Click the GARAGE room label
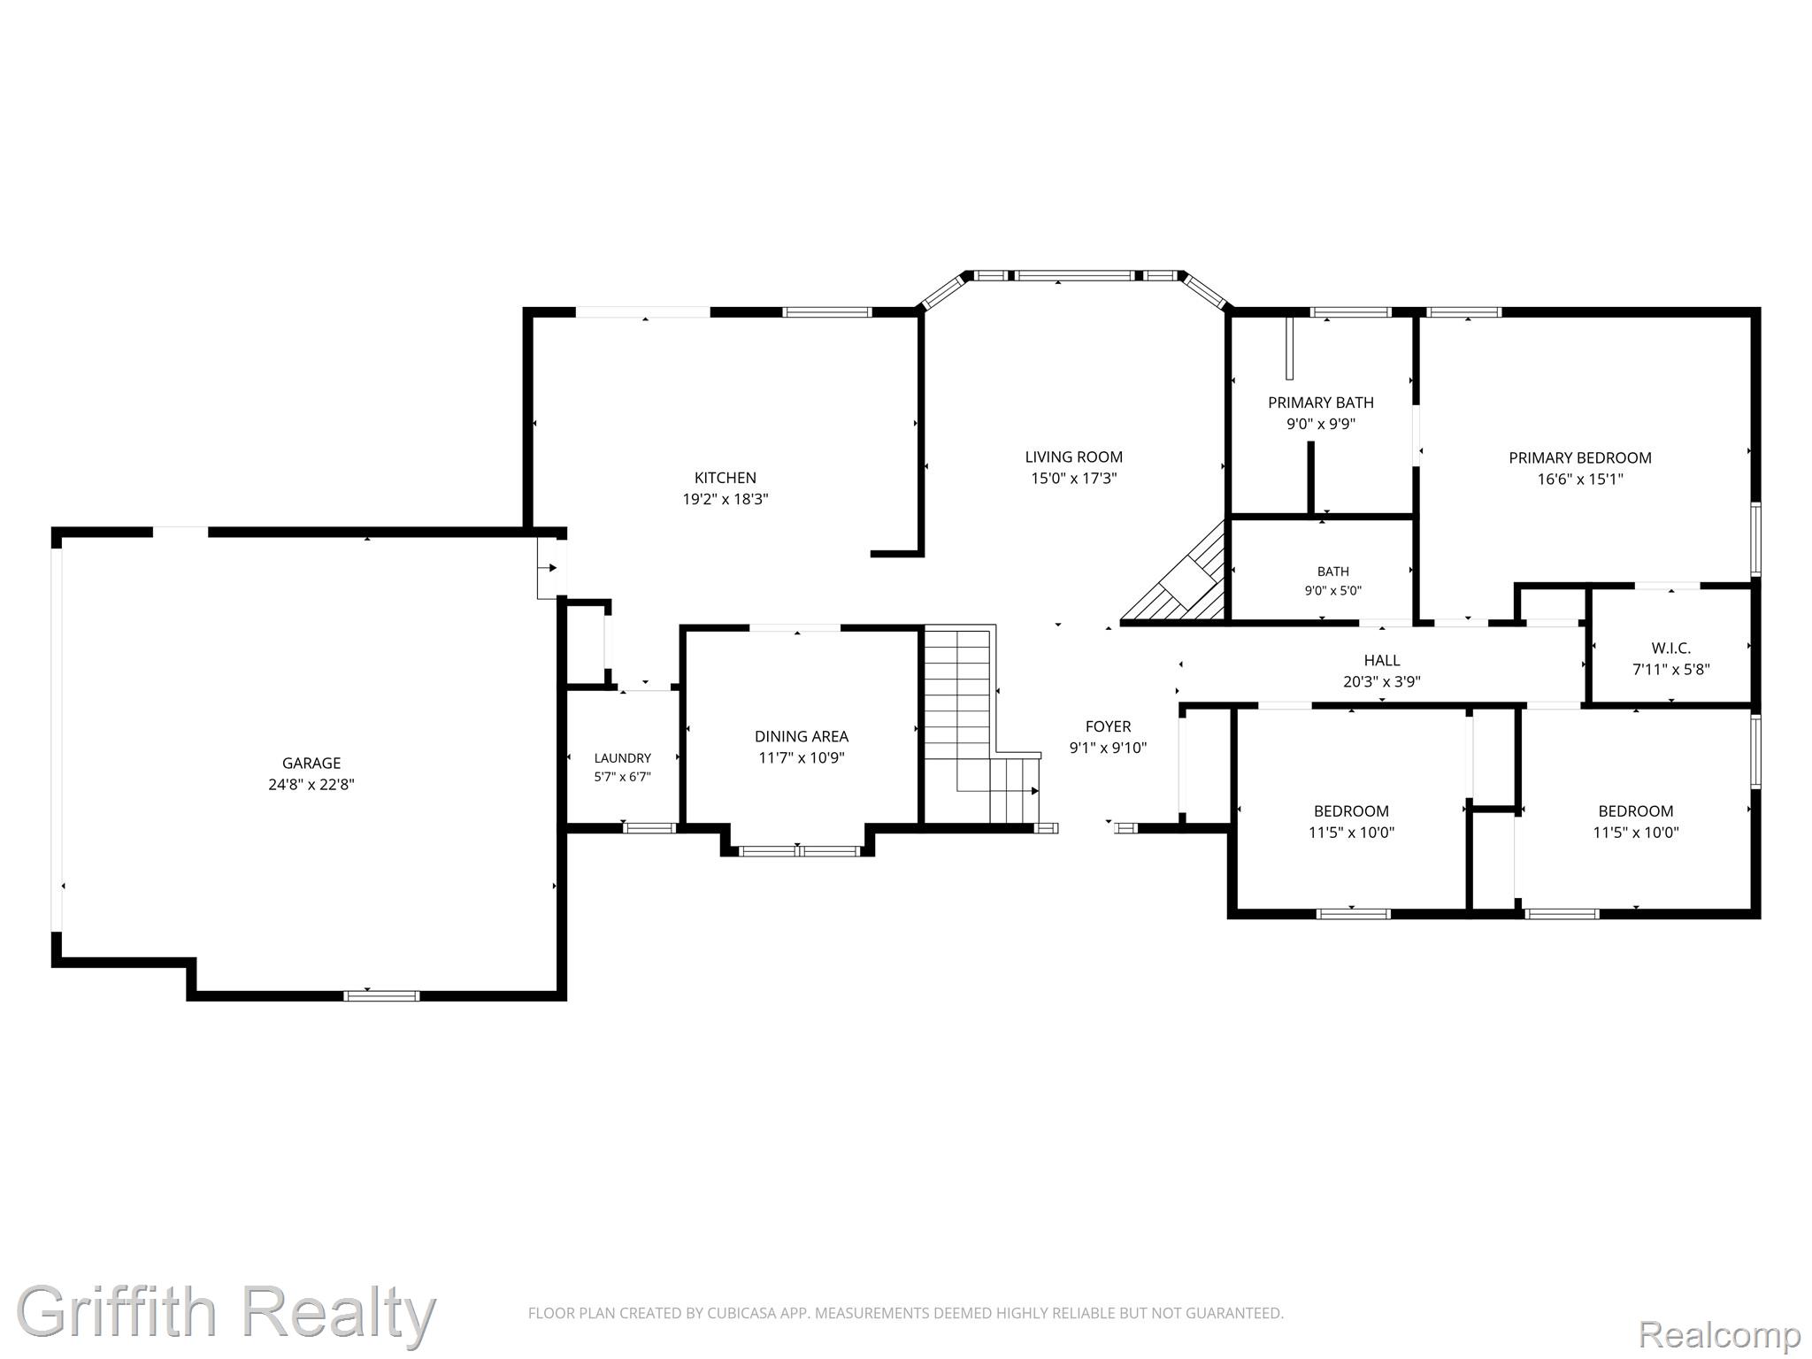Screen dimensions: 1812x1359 [311, 763]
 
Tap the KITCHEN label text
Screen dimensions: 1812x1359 [726, 478]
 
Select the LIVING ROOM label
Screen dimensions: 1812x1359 [1074, 457]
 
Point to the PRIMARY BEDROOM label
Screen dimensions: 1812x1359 [1580, 457]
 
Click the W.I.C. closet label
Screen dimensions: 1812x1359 [1671, 649]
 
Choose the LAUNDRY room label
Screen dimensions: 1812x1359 [623, 758]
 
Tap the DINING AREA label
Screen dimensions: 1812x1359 [802, 736]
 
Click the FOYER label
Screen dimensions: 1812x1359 [1109, 726]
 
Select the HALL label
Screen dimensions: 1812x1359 [1382, 660]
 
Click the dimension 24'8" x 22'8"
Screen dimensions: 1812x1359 [311, 784]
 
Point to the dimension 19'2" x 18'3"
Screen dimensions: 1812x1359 [726, 499]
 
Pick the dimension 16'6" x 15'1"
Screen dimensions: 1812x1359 [1580, 479]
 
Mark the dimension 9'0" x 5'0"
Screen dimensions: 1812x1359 [1333, 591]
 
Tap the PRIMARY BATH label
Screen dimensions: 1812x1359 [1321, 403]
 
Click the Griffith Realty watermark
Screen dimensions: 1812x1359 [226, 1312]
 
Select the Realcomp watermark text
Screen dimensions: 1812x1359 [1720, 1333]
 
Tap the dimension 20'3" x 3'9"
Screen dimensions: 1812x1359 [1382, 681]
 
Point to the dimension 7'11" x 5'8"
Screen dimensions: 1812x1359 [1671, 670]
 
